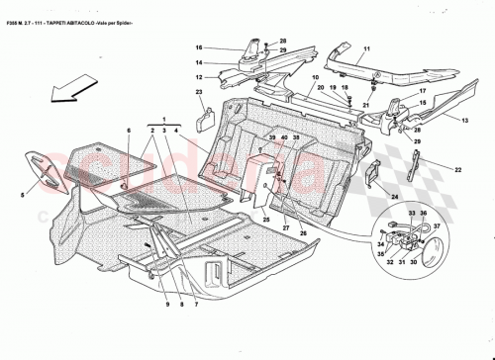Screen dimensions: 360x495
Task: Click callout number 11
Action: coord(365,48)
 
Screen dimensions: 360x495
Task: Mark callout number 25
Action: coord(266,219)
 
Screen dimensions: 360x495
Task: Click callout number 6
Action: coord(128,130)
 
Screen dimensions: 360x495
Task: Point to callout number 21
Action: coord(363,104)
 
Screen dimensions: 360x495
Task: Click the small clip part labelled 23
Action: coord(208,117)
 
